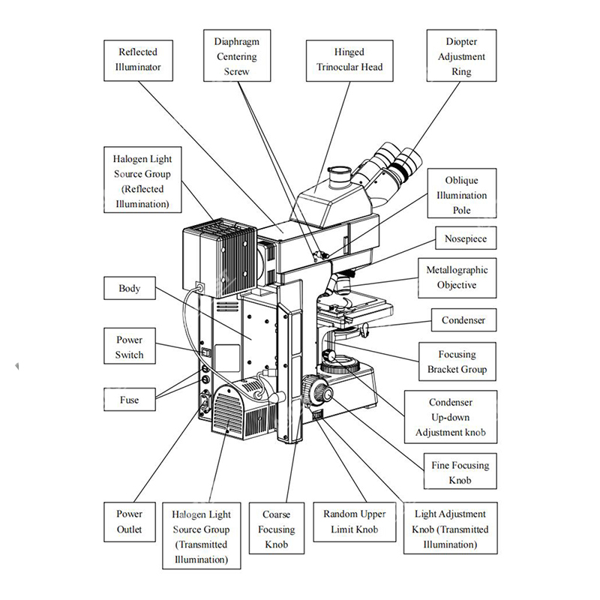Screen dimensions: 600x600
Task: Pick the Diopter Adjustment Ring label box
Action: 461,56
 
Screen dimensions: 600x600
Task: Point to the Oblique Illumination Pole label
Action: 461,195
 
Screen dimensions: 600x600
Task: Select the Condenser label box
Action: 463,320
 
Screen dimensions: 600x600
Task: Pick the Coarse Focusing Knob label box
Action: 276,529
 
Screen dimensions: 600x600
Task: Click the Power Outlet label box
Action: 129,522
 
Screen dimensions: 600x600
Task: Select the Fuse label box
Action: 129,400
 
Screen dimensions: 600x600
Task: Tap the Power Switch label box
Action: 129,347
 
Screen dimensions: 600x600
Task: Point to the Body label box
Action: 129,289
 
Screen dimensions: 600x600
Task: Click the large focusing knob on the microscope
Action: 315,390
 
